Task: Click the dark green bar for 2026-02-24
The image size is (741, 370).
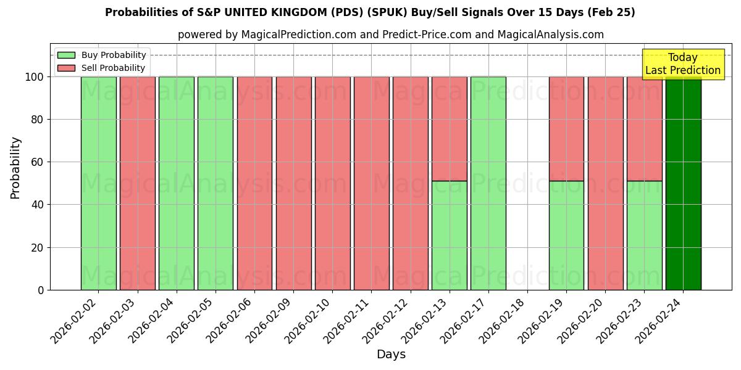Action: pyautogui.click(x=683, y=185)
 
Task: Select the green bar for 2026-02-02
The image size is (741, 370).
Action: pyautogui.click(x=98, y=185)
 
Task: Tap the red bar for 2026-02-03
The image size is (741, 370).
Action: pyautogui.click(x=137, y=185)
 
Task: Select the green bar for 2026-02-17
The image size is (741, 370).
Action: pyautogui.click(x=488, y=185)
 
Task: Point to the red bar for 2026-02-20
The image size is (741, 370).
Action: pyautogui.click(x=605, y=185)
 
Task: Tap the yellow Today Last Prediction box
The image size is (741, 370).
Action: pyautogui.click(x=682, y=64)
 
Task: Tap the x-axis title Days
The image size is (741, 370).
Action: pyautogui.click(x=391, y=354)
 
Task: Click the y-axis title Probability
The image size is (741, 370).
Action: pyautogui.click(x=15, y=168)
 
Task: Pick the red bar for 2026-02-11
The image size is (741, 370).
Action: pyautogui.click(x=371, y=185)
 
